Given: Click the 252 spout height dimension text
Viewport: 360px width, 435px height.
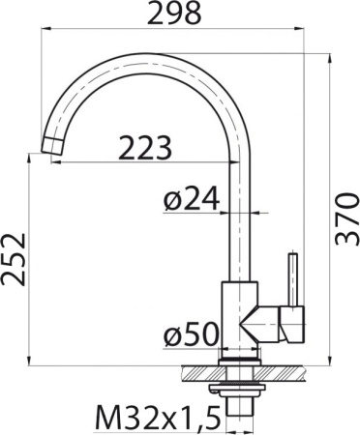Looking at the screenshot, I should coord(15,259).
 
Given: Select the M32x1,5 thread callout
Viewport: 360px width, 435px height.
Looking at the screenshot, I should coord(155,418).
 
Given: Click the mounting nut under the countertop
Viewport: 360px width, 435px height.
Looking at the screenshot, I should coord(238,386).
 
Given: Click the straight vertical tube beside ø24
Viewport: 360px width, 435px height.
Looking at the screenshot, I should coord(238,222).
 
